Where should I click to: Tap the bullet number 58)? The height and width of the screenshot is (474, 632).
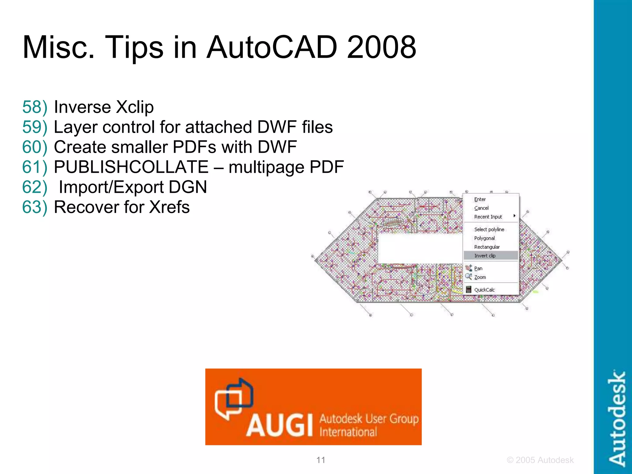pos(35,107)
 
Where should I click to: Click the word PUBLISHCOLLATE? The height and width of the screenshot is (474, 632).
pos(131,167)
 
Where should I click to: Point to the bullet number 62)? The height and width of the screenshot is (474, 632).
pos(35,187)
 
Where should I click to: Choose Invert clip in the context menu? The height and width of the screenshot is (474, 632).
pos(484,256)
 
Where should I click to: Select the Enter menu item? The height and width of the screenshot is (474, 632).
pos(480,199)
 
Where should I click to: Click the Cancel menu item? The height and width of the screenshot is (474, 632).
pos(481,208)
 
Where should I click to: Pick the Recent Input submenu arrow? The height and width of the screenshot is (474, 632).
pos(514,216)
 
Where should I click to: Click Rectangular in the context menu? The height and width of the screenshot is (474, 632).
pos(487,247)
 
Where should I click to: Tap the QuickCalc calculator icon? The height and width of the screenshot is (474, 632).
pos(468,289)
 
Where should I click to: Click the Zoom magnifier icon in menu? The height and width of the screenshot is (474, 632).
pos(468,276)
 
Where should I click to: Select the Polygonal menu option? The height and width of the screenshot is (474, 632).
pos(484,238)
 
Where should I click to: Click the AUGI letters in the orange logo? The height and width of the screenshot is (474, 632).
pos(280,426)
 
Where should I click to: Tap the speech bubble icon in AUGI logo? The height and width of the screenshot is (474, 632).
pos(234,398)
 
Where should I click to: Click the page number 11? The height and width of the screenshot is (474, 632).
pos(321,460)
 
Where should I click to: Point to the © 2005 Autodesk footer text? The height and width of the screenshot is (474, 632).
pos(540,460)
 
